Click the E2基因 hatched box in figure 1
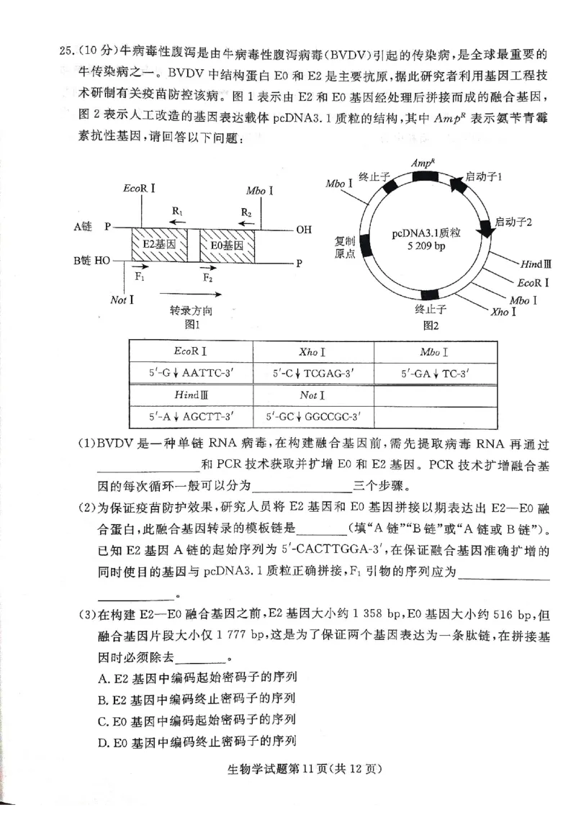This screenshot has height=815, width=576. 159,245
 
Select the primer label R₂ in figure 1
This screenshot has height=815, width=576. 246,214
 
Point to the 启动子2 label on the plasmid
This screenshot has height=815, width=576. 513,222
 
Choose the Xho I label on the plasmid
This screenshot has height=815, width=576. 503,312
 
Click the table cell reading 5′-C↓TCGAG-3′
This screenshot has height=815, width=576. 312,374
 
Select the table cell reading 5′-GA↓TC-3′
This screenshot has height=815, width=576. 435,374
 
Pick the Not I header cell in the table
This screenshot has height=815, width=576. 312,395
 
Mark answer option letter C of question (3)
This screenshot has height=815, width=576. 102,719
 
